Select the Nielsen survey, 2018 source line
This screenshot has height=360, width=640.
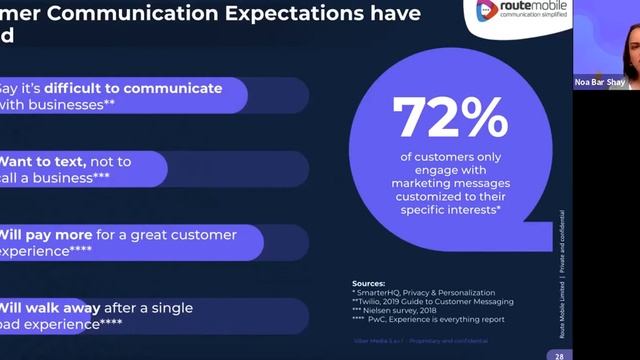tap(400, 310)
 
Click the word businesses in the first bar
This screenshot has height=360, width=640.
tap(60, 104)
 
